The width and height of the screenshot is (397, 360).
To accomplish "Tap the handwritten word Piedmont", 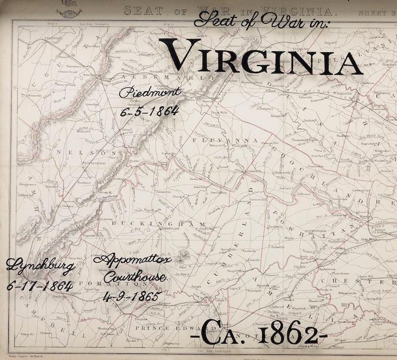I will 150,93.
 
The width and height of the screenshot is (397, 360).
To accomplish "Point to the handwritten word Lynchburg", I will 40,267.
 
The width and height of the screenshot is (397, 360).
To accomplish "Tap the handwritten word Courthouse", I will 134,278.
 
